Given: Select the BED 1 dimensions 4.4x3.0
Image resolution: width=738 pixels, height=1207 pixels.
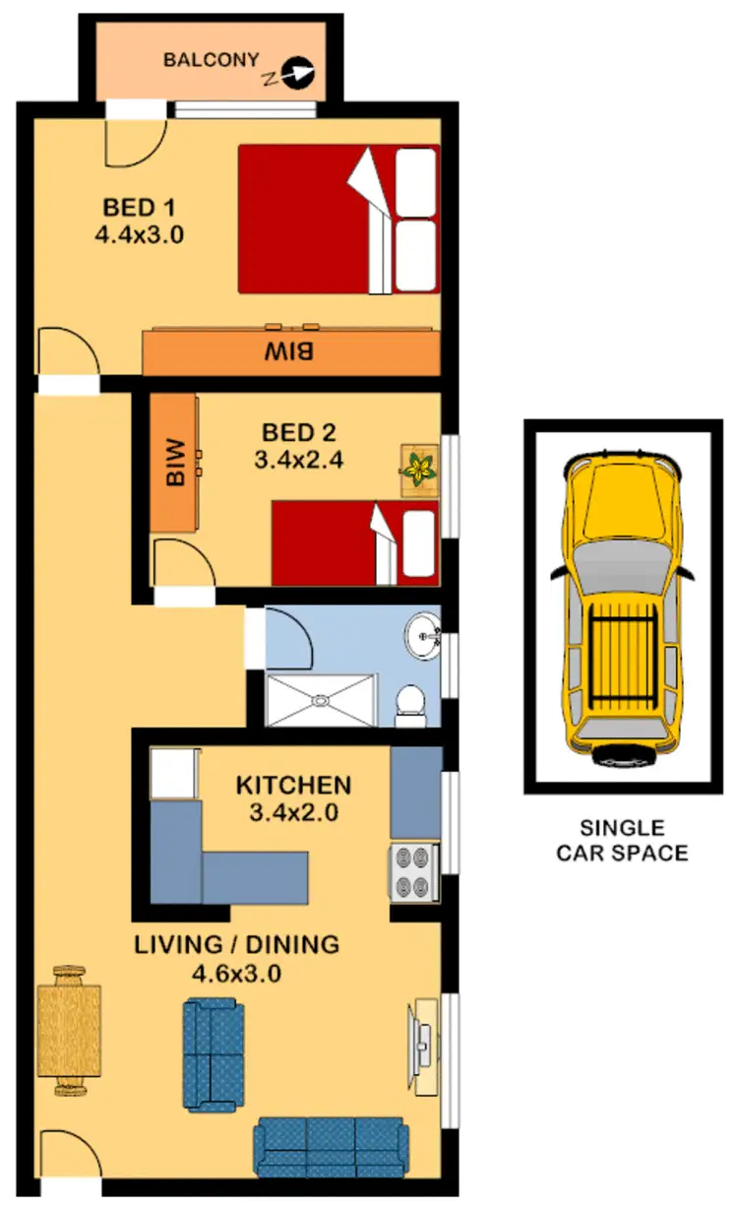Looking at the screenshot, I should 140,235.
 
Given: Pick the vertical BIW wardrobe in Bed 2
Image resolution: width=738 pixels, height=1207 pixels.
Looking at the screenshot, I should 174,464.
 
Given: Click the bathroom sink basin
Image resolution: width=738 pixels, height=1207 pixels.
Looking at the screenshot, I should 426,637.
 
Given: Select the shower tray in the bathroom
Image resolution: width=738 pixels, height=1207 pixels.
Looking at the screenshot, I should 321,700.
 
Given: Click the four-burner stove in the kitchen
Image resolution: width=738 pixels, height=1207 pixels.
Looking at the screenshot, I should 414,871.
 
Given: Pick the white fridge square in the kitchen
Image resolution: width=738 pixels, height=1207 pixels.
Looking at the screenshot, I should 174,774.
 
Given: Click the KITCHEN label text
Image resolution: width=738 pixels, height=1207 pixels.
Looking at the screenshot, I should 293,785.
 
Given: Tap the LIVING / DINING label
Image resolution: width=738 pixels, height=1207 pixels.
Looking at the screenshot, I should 236,945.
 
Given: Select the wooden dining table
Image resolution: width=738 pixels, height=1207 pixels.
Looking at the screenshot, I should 69,1031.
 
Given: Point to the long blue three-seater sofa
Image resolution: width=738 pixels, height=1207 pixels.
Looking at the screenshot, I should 331,1147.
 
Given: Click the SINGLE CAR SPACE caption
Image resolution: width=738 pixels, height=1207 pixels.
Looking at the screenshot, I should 622,841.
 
